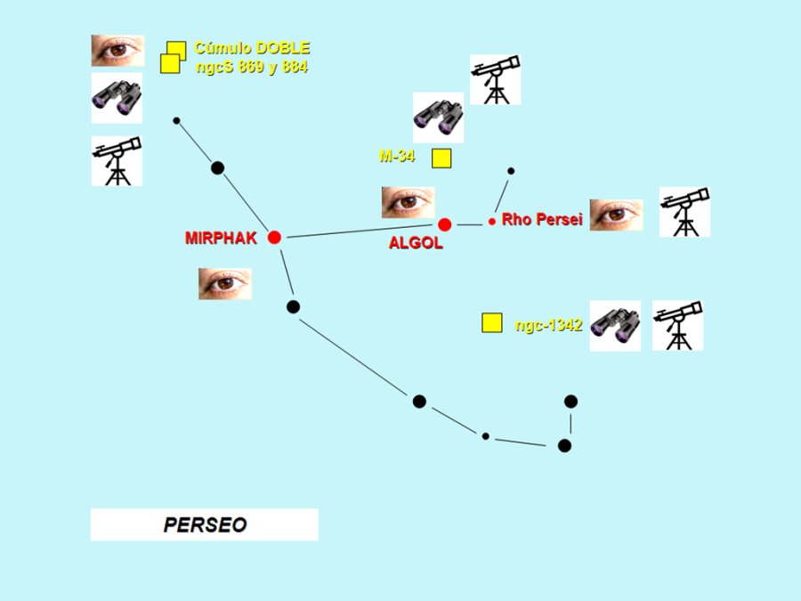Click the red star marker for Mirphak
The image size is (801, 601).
tap(274, 237)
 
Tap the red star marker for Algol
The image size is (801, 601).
tap(445, 224)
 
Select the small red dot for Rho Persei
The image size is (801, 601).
tap(492, 221)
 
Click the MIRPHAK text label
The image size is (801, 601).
tap(221, 238)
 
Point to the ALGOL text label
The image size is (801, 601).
tap(416, 243)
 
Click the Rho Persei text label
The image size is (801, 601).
tap(541, 219)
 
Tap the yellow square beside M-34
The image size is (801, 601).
tap(441, 158)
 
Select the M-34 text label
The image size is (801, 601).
tap(397, 156)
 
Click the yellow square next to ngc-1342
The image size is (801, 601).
tap(491, 322)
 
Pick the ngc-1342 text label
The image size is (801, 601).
tap(548, 325)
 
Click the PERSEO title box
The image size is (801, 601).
tap(204, 524)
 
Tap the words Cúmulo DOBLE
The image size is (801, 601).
tap(252, 48)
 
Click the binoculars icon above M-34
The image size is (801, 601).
tap(438, 118)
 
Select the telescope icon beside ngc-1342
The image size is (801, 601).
tap(678, 325)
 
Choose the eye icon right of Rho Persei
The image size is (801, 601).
tap(616, 215)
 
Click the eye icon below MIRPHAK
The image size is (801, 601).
tap(224, 283)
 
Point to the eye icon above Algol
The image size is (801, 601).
tap(408, 202)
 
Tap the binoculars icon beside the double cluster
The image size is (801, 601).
tap(117, 98)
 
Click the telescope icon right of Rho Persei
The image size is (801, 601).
tap(684, 212)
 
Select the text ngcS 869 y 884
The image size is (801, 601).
tap(252, 67)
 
